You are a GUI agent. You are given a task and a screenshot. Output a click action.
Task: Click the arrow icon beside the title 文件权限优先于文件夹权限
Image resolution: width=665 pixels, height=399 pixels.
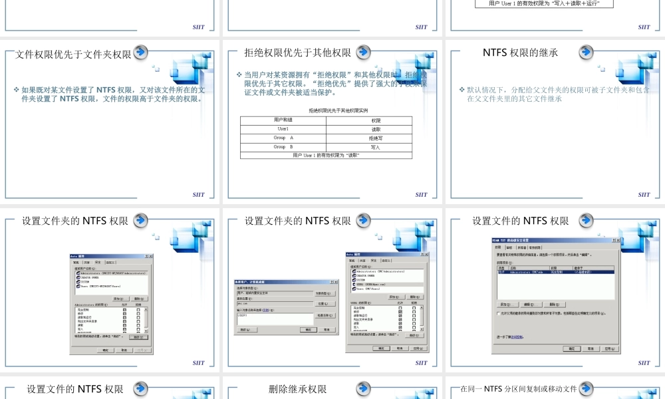click(140, 53)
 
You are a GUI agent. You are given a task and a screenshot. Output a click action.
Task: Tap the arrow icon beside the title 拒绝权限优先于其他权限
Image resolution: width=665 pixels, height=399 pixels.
click(363, 52)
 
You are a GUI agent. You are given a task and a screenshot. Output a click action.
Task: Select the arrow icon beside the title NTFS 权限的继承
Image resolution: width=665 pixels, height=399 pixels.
click(586, 52)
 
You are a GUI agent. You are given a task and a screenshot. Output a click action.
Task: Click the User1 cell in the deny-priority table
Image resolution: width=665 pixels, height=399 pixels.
click(283, 129)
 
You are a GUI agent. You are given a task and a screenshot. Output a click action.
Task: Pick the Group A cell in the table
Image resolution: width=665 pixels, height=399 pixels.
click(283, 138)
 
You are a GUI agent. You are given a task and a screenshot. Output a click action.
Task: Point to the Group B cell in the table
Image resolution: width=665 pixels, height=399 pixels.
click(283, 147)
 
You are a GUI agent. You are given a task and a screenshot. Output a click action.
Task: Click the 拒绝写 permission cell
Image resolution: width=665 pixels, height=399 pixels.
click(376, 138)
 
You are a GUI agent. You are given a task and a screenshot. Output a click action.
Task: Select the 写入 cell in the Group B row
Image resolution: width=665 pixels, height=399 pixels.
click(376, 147)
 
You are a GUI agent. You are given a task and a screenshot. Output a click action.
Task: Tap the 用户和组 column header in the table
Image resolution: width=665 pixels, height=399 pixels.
click(283, 120)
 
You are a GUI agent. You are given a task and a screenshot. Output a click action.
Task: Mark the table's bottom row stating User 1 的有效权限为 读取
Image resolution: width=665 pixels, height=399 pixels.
click(326, 155)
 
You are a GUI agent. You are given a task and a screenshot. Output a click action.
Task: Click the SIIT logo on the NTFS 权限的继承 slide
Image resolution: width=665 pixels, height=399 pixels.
click(644, 195)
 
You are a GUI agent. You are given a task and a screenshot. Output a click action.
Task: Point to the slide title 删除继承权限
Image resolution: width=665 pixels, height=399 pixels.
click(298, 389)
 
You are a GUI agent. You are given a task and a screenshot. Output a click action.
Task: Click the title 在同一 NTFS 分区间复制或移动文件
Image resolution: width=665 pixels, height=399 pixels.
click(519, 389)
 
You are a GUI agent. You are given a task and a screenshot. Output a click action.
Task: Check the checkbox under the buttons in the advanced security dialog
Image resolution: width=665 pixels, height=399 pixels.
click(499, 313)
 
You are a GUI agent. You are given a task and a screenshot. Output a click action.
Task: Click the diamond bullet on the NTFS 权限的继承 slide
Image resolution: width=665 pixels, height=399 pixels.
click(462, 89)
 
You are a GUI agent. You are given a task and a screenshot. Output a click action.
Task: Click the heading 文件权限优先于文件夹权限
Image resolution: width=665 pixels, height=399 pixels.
click(73, 55)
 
